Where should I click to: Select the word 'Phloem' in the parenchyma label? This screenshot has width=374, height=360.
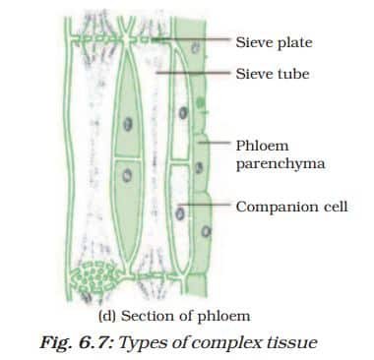[258, 146]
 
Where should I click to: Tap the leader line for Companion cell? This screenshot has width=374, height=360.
[209, 206]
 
